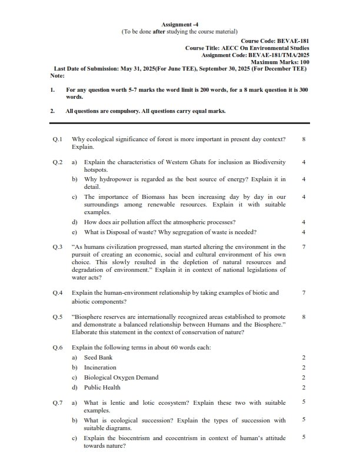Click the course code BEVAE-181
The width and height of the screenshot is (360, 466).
(x=288, y=42)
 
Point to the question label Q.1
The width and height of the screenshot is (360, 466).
(x=57, y=139)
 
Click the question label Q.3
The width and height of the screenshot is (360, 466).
(x=57, y=247)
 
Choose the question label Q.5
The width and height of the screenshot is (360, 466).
(x=57, y=317)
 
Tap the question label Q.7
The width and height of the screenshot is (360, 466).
(x=57, y=403)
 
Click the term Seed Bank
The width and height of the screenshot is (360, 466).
(x=98, y=357)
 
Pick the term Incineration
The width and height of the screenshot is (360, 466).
(x=100, y=367)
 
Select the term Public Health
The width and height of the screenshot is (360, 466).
(x=102, y=387)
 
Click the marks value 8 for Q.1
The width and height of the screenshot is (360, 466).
(x=303, y=139)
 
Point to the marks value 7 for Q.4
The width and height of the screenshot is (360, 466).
(x=303, y=292)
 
